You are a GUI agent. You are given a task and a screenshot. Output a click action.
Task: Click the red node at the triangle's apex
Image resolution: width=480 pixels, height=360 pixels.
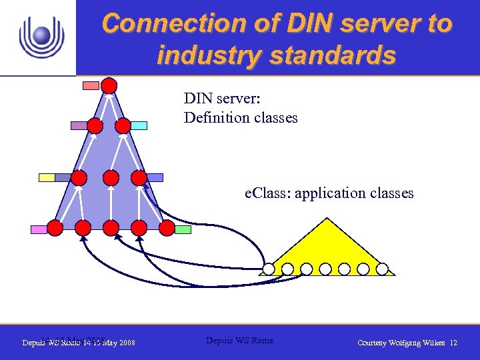(x=109, y=86)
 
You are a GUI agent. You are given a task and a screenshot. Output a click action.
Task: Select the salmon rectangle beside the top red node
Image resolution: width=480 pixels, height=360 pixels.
(x=91, y=85)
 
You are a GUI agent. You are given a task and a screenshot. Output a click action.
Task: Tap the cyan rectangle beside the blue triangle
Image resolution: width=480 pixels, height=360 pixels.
(x=139, y=125)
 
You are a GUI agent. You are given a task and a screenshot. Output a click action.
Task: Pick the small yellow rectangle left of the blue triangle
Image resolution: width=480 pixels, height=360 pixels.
(x=47, y=177)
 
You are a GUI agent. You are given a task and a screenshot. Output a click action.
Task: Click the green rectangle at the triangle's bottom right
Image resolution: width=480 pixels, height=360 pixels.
(x=183, y=229)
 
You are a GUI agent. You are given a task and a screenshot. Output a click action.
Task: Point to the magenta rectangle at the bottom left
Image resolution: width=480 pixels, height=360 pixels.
(x=39, y=229)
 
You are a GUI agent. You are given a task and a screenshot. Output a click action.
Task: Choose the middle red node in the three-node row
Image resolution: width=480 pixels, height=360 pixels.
(x=111, y=178)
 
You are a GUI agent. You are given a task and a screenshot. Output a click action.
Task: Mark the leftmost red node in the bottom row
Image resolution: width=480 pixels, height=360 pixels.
(x=55, y=229)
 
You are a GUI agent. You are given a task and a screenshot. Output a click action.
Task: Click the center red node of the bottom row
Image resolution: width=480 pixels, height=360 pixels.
(x=112, y=229)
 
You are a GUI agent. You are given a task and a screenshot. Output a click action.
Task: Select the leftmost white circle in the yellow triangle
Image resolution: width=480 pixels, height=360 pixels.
(x=268, y=269)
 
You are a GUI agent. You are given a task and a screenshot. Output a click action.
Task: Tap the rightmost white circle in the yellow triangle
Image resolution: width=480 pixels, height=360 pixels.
(x=382, y=269)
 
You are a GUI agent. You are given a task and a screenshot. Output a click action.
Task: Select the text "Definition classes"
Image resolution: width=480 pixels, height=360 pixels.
(x=241, y=118)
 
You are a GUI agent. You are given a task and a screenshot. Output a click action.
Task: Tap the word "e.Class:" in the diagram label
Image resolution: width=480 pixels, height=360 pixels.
(x=267, y=193)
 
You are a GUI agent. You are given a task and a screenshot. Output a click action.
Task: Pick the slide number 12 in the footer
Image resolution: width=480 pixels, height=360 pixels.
(x=454, y=343)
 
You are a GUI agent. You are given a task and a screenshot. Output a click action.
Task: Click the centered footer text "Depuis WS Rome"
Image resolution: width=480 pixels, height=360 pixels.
(x=239, y=341)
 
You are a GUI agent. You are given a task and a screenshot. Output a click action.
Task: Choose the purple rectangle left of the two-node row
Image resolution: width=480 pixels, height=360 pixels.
(x=79, y=125)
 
